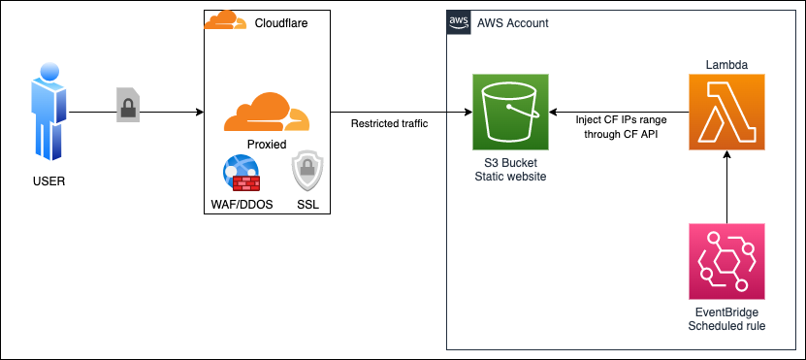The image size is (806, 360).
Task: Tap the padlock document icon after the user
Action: click(128, 104)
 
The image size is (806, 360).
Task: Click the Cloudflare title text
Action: click(280, 22)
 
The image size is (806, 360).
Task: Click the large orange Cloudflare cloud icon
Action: click(266, 113)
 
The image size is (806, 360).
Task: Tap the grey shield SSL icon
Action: click(306, 172)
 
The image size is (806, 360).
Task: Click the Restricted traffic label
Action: click(389, 123)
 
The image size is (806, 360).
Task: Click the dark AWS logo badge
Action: click(458, 22)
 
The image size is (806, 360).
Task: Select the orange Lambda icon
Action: click(726, 113)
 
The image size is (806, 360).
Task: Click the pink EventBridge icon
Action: click(726, 261)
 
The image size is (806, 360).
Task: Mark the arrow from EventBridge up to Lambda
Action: click(726, 189)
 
